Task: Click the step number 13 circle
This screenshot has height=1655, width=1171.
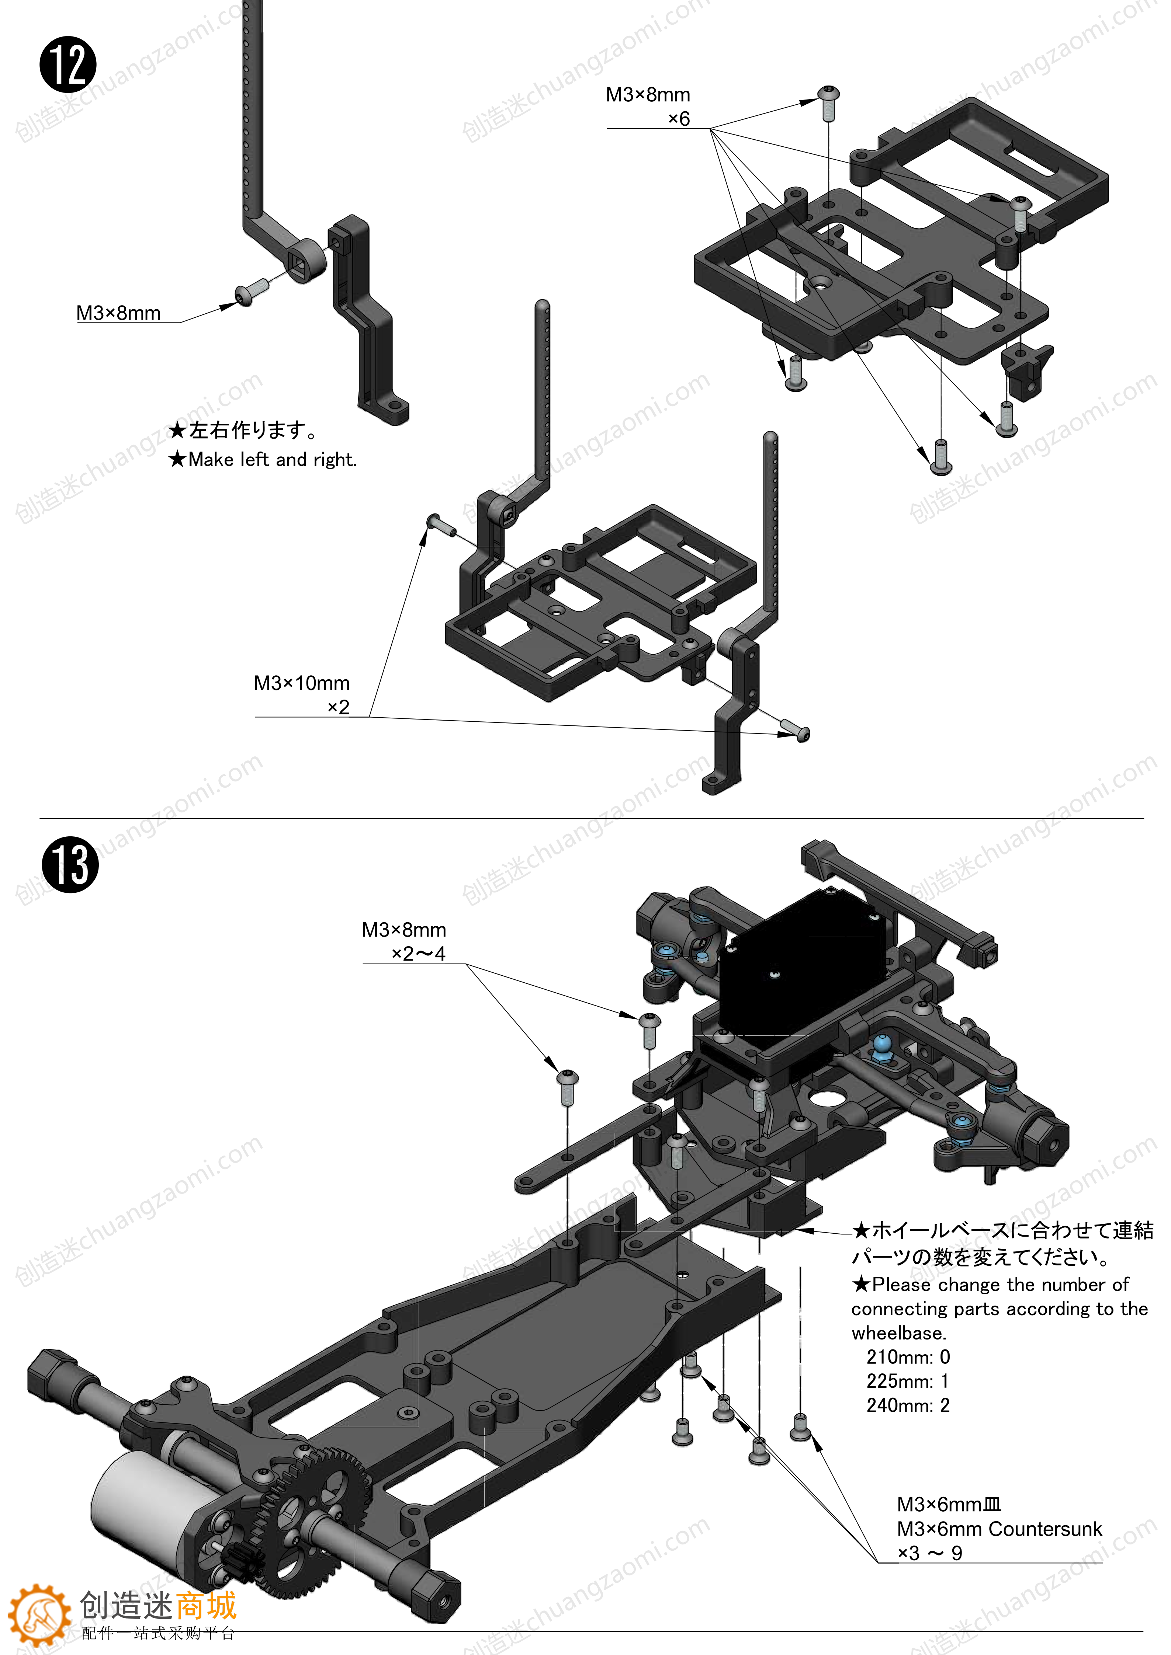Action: [70, 864]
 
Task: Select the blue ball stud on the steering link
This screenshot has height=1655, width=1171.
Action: [881, 1046]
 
